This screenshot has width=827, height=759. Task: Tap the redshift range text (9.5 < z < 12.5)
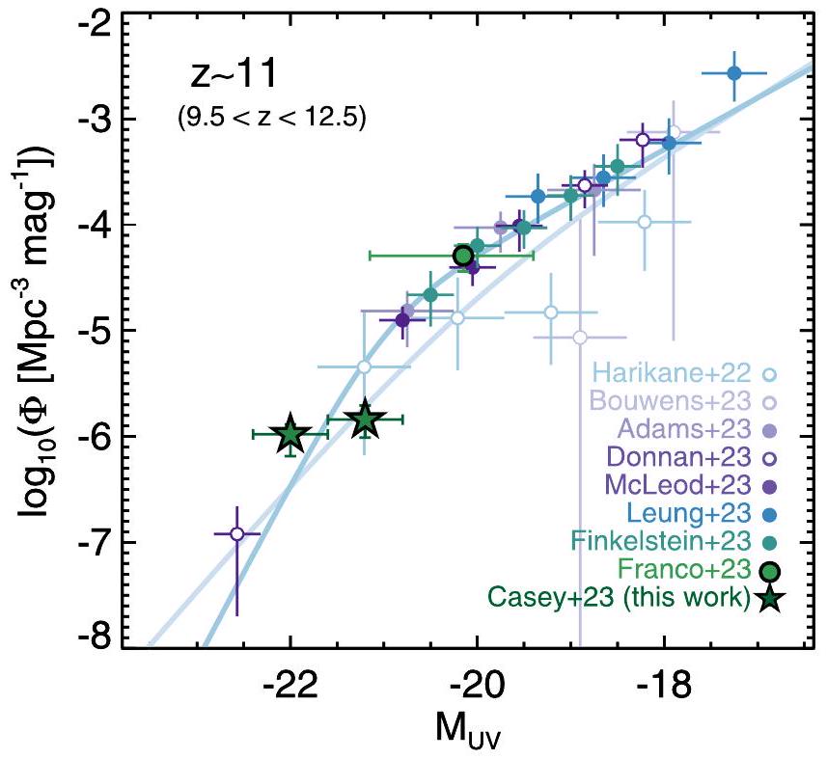click(x=271, y=119)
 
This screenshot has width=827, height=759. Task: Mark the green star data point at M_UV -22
click(x=290, y=435)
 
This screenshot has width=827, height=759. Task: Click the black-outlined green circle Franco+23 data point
click(x=463, y=256)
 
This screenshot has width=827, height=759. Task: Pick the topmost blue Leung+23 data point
click(x=733, y=72)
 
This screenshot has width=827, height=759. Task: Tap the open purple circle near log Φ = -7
click(x=237, y=533)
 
